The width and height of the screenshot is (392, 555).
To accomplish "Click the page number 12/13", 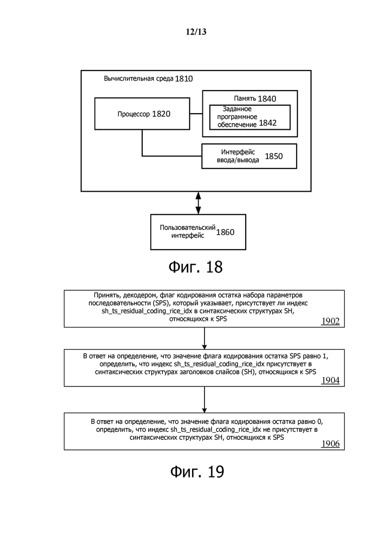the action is (196, 32).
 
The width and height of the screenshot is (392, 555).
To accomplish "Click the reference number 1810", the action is (184, 78).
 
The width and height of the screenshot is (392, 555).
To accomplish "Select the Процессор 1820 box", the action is (142, 114).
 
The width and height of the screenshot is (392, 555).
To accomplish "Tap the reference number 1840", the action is (267, 99).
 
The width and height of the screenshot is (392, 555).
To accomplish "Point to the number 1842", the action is (267, 123).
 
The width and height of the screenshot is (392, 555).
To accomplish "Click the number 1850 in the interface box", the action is (273, 156).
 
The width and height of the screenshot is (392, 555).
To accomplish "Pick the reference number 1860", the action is (225, 232).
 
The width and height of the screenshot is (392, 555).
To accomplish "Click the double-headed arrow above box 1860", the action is (199, 203).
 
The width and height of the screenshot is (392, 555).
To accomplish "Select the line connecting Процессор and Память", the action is (196, 114).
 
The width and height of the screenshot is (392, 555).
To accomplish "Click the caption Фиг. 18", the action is (195, 267).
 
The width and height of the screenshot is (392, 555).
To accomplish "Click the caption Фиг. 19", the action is (197, 471).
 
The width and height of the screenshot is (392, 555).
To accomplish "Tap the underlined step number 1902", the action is (331, 321).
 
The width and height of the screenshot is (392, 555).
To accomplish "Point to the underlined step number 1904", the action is (331, 380).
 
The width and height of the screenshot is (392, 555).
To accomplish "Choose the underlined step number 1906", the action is (331, 443).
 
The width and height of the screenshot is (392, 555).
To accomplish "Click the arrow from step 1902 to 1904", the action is (205, 338).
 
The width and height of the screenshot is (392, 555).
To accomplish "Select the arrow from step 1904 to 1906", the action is (205, 400).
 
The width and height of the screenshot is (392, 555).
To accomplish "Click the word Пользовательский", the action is (187, 227).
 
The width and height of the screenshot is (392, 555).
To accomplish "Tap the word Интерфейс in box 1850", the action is (238, 152).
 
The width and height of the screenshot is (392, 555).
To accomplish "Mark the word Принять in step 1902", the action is (106, 295).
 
